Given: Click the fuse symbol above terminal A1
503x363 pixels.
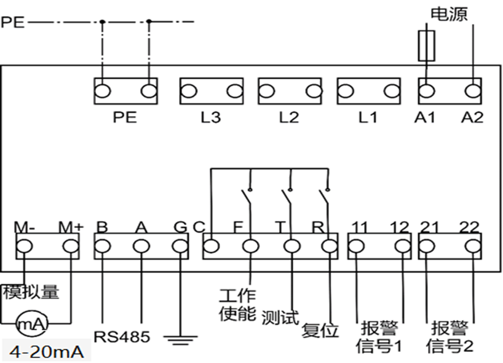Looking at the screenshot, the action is tap(426, 46).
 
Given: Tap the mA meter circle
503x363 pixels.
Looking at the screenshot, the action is tap(32, 323).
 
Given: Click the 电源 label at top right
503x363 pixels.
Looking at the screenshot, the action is tap(449, 14).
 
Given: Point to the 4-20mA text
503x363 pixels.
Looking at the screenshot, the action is tap(47, 352).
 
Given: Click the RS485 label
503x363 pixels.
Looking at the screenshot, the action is tap(122, 337).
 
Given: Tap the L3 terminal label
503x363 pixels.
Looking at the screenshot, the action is tap(211, 117).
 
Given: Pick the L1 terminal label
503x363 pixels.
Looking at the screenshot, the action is tap(368, 117).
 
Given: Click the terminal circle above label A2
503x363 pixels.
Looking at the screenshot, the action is tap(472, 91).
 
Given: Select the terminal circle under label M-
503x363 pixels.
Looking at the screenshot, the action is tap(25, 247).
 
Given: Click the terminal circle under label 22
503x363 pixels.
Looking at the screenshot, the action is tap(472, 247).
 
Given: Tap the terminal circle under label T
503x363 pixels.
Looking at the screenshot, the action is tap(292, 247).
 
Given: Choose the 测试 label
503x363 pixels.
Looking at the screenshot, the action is tap(280, 317).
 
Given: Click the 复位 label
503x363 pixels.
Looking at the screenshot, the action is tap(320, 330).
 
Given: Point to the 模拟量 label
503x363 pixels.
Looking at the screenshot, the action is tap(31, 292).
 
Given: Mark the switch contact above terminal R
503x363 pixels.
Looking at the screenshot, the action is tap(324, 196).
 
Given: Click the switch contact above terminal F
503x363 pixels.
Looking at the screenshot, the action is tap(247, 196).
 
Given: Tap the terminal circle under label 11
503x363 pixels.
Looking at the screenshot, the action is tap(356, 247).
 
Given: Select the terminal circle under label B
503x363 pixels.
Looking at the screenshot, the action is tap(102, 247).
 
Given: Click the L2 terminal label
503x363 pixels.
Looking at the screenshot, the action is tap(289, 117).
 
